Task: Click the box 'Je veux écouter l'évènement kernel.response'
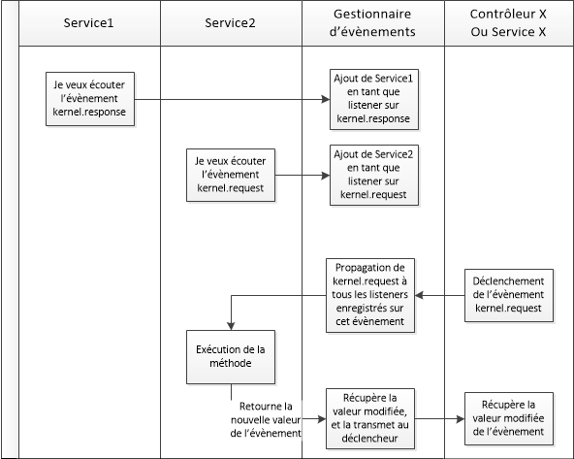[88, 98]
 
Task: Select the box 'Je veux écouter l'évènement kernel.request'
[231, 175]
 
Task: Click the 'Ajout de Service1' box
[368, 98]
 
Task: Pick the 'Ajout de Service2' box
[368, 176]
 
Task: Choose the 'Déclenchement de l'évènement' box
[510, 295]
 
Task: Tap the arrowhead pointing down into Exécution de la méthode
[231, 327]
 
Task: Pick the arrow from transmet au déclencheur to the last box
[436, 419]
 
